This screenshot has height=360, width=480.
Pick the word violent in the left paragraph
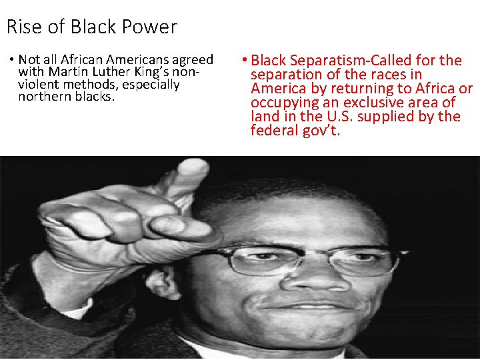click(x=39, y=84)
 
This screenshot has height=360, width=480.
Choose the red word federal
click(x=273, y=131)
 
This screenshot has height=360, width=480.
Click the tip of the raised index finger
click(x=195, y=167)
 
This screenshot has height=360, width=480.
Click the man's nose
click(x=308, y=280)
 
